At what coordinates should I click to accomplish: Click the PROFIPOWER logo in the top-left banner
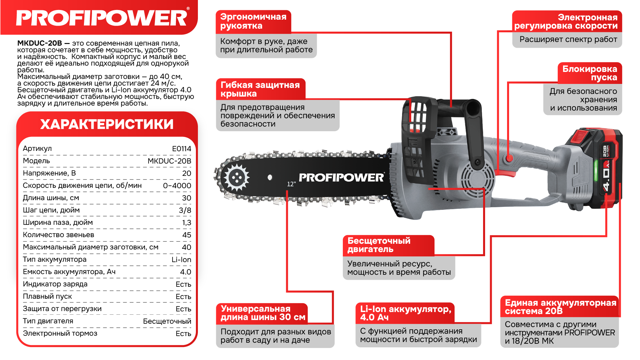click(x=102, y=18)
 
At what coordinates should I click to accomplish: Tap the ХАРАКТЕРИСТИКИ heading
click(x=107, y=124)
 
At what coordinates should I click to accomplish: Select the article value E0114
click(x=182, y=149)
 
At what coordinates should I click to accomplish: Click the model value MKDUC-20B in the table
click(x=169, y=161)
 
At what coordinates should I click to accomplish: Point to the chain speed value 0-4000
click(x=177, y=185)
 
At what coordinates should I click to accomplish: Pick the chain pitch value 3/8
click(x=185, y=210)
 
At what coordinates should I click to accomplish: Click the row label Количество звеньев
click(x=58, y=235)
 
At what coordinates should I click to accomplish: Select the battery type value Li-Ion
click(x=181, y=259)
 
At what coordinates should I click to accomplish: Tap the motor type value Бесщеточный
click(x=167, y=321)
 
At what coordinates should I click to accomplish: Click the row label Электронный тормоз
click(x=60, y=333)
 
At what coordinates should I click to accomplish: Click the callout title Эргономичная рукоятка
click(x=253, y=21)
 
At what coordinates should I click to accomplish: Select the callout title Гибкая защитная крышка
click(x=260, y=89)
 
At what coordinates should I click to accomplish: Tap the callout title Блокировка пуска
click(x=589, y=73)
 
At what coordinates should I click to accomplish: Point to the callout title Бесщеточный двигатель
click(x=379, y=245)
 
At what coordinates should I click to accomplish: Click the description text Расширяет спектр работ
click(x=568, y=40)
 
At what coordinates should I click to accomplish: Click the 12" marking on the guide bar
click(x=292, y=184)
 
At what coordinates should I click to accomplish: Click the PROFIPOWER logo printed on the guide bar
click(x=341, y=178)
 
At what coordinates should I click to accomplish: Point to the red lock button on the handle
click(x=509, y=159)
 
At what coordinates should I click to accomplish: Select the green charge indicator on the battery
click(x=596, y=170)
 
